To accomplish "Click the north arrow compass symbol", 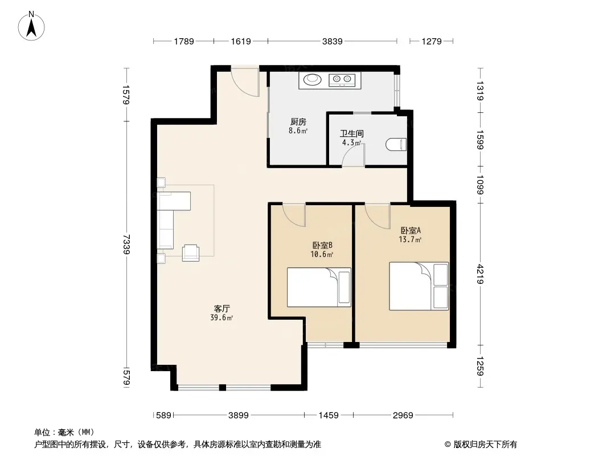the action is pos(31,26).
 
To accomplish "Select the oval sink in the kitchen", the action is pos(313,80).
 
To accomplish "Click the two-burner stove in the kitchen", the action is pos(342,80).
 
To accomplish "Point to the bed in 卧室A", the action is pos(419,286).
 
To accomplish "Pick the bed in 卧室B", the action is pos(319,287).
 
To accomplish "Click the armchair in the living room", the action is pos(190,253).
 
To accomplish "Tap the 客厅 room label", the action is pos(222,309).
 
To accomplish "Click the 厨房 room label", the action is pos(298,122).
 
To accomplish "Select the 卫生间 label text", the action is pos(351,133).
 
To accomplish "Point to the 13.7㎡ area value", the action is pos(410,239).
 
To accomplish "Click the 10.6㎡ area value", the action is pos(322,255).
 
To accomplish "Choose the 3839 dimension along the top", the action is pos(332,41).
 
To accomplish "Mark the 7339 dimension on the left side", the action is pos(126,244).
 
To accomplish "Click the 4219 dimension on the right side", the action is pos(480,274).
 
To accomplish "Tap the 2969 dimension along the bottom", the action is pos(403,416).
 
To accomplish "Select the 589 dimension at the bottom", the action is pos(163,416).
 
